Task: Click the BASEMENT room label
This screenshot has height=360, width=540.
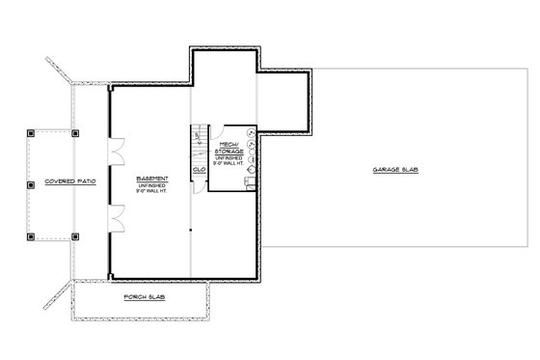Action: coord(154,179)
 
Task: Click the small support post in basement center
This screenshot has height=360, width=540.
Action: coord(190,230)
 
